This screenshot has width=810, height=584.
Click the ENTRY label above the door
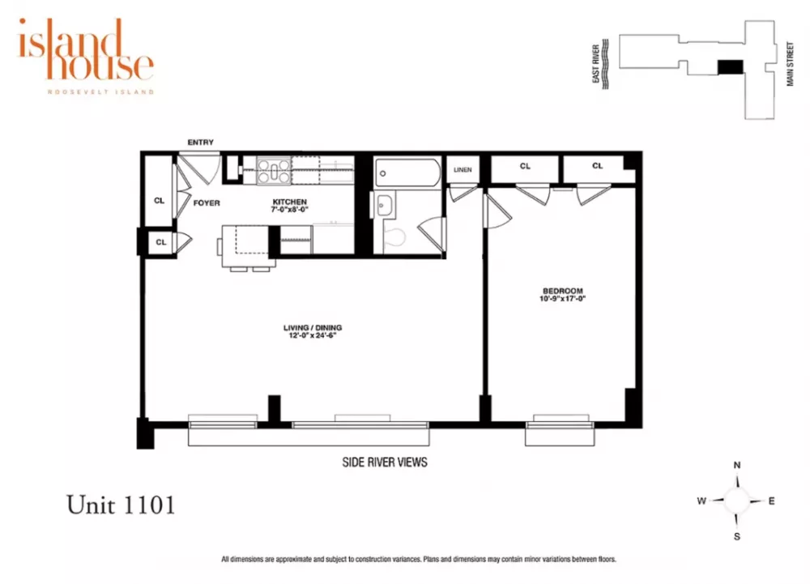200,142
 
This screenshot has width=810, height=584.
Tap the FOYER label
207,203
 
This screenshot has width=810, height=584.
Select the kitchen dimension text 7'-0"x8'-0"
289,210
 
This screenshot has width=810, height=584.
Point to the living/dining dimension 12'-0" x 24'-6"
313,335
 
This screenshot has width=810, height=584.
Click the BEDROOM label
563,291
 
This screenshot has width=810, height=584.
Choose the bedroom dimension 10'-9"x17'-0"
563,298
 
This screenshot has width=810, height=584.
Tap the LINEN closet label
463,170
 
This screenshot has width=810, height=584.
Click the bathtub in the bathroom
407,173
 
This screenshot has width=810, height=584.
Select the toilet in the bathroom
394,237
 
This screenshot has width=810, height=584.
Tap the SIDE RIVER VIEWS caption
385,463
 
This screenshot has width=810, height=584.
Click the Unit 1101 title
121,505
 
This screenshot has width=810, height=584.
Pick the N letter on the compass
737,465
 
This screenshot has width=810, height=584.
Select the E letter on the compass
771,501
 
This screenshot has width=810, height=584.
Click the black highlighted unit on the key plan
731,67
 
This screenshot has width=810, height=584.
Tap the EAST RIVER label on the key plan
595,64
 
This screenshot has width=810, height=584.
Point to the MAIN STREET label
790,64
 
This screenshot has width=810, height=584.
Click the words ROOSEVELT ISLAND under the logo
100,92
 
